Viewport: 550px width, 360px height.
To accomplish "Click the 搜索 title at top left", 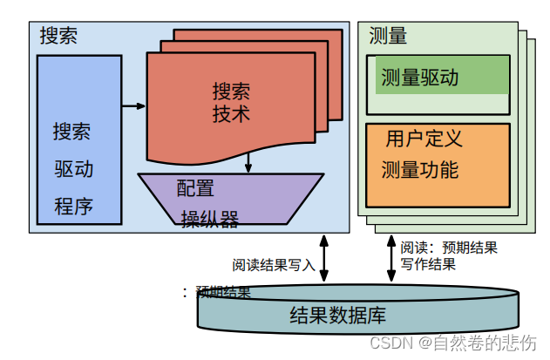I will click(x=58, y=36).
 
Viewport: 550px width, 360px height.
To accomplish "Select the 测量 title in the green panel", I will click(x=388, y=36).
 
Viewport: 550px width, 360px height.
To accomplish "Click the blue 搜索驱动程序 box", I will click(x=79, y=139).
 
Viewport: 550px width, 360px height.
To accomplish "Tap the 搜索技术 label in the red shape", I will click(x=231, y=103).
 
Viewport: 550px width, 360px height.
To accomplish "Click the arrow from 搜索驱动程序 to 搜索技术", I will click(x=133, y=106).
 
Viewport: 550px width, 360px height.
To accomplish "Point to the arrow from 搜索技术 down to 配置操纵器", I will click(x=248, y=162).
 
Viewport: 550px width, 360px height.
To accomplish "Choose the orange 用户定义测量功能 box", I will click(x=438, y=165).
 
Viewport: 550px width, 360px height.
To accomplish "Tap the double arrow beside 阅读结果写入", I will click(x=324, y=258).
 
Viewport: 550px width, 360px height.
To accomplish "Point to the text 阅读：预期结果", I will click(x=449, y=248).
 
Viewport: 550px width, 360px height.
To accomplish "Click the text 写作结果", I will click(x=428, y=264).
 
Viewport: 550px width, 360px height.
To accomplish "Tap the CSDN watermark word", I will click(x=390, y=343).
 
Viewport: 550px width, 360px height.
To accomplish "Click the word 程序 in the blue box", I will click(x=73, y=207).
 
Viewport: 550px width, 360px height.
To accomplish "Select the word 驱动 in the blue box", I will click(x=73, y=169).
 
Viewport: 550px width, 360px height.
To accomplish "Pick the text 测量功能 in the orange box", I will click(x=420, y=170).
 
